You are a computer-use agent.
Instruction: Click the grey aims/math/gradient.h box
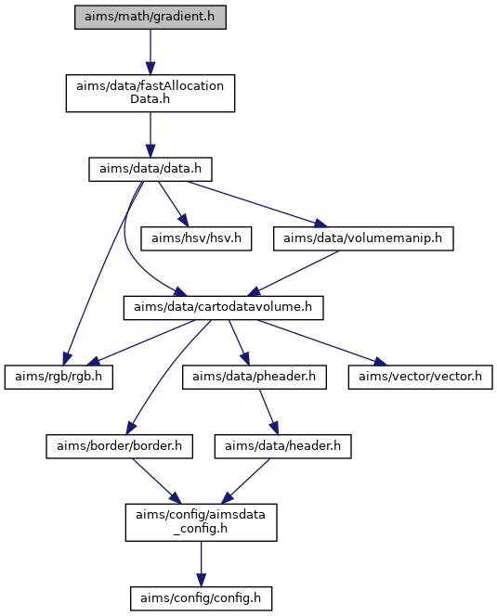tap(150, 17)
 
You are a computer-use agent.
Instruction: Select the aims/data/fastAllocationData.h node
tap(150, 93)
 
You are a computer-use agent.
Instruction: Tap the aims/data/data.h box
tap(150, 170)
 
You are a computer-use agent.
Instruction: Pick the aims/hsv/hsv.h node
tap(196, 238)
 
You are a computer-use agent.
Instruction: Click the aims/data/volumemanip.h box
tap(363, 238)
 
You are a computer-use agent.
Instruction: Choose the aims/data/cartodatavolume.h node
tap(224, 308)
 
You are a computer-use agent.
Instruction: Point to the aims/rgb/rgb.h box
tap(59, 378)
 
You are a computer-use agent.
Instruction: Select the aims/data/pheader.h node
tap(255, 378)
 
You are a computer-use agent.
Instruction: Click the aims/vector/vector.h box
tap(420, 378)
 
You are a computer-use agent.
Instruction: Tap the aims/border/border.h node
tap(119, 446)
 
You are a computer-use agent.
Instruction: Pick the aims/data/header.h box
tap(283, 446)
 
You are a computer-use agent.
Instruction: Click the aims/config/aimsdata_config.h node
tap(201, 522)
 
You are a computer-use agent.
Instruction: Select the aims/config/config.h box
tap(201, 598)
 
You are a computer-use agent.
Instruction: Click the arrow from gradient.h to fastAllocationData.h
tap(150, 52)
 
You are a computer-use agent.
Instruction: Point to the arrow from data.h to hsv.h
tap(173, 204)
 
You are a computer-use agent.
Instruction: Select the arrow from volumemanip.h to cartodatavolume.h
tap(294, 274)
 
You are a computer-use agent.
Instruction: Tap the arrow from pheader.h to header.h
tap(268, 412)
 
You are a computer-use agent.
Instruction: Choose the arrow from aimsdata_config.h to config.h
tap(201, 564)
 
